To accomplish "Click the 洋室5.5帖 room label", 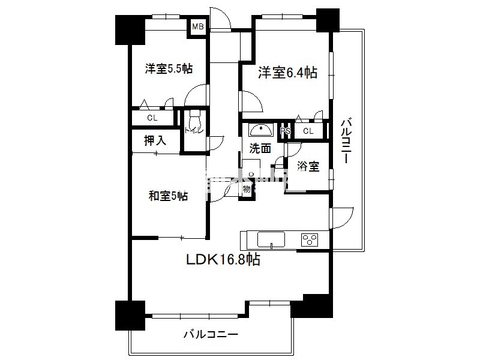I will tap(168, 68).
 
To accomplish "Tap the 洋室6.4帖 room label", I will tap(287, 73).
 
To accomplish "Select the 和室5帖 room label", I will tap(168, 196).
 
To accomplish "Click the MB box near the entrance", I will tap(197, 27).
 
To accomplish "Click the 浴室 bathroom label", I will tap(309, 167).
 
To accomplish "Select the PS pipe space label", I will tap(285, 131).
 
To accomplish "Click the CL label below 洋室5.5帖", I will tap(152, 118).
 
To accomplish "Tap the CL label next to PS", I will tap(308, 131).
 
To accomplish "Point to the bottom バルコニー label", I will tap(211, 334).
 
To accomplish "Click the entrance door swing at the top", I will tap(221, 18).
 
